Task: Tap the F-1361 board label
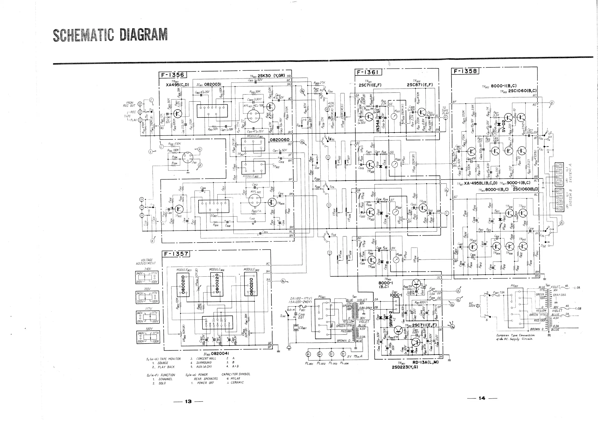click(368, 72)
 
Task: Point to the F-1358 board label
click(465, 71)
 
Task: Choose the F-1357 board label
click(176, 253)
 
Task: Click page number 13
click(188, 402)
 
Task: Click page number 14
click(482, 398)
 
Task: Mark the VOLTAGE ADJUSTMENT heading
click(146, 262)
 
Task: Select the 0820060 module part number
click(279, 140)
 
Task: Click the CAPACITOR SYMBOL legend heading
click(236, 374)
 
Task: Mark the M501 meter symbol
click(394, 116)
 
